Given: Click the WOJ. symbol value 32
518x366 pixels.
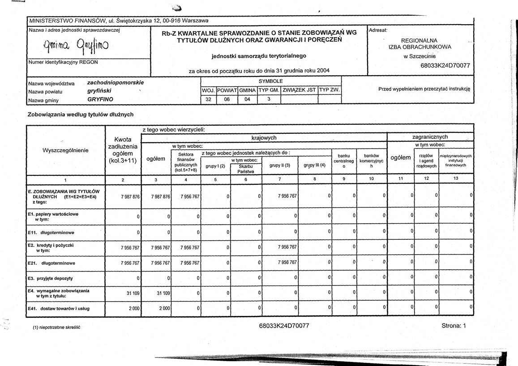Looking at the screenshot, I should click(208, 99).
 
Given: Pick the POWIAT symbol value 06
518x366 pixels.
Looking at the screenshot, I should click(227, 99).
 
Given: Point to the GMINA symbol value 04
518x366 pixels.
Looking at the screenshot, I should click(247, 99).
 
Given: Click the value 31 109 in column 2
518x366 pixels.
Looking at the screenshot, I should click(131, 293).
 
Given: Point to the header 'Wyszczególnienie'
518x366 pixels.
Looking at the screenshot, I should click(65, 149).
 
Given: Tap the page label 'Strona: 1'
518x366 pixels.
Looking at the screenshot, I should click(454, 326).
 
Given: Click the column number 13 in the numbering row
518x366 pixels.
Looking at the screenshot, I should click(456, 179).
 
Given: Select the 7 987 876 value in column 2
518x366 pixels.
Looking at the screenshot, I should click(131, 196).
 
